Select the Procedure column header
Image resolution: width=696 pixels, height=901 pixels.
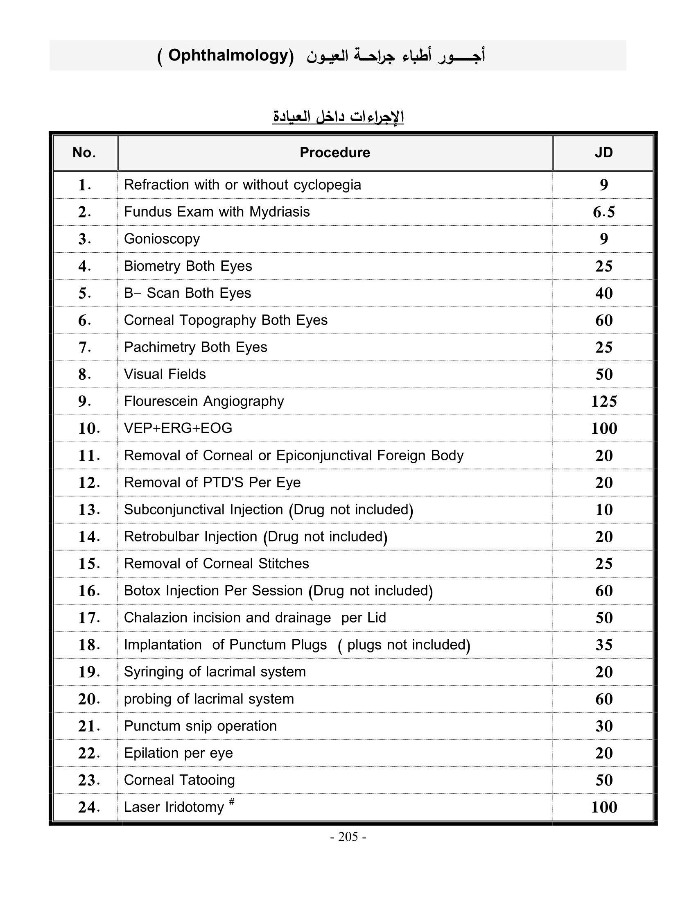click(x=334, y=153)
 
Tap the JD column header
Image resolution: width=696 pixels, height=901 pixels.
click(x=603, y=153)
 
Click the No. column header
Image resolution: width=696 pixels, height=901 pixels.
click(x=84, y=153)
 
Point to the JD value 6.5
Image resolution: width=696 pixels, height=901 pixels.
click(x=603, y=212)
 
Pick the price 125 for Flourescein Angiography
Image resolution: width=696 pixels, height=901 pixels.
click(x=603, y=401)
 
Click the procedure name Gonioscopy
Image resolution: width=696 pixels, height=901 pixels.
click(x=162, y=239)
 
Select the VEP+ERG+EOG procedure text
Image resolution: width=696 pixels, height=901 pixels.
click(x=178, y=428)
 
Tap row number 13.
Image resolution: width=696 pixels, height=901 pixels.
click(x=89, y=510)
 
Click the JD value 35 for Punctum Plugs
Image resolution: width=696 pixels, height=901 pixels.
click(x=603, y=645)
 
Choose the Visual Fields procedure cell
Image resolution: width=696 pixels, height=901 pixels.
click(x=165, y=374)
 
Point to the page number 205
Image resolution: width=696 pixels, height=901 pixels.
click(x=348, y=837)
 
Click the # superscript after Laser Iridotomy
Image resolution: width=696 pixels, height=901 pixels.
click(x=232, y=801)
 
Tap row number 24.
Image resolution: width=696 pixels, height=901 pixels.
click(x=89, y=807)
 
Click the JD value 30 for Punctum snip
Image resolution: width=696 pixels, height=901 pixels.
click(x=603, y=726)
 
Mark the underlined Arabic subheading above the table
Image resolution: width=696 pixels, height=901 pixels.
click(x=338, y=117)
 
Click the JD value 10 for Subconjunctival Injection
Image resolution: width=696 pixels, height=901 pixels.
click(x=603, y=510)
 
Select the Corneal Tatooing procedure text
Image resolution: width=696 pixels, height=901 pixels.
click(x=179, y=780)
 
